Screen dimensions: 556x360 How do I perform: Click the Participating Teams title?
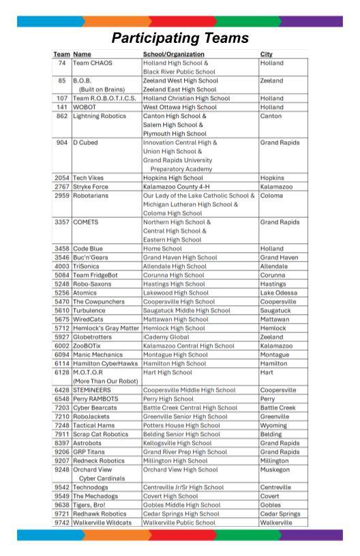[180, 37]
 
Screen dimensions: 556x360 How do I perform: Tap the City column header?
[267, 54]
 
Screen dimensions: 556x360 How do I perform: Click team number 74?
[62, 63]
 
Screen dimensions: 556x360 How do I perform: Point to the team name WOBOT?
[86, 107]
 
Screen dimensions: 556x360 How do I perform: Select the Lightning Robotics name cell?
[100, 116]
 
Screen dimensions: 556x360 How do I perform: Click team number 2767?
[62, 187]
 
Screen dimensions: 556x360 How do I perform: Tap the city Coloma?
[273, 196]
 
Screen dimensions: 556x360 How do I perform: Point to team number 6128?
[62, 373]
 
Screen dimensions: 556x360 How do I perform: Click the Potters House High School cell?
[181, 426]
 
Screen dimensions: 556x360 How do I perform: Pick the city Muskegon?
[277, 470]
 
